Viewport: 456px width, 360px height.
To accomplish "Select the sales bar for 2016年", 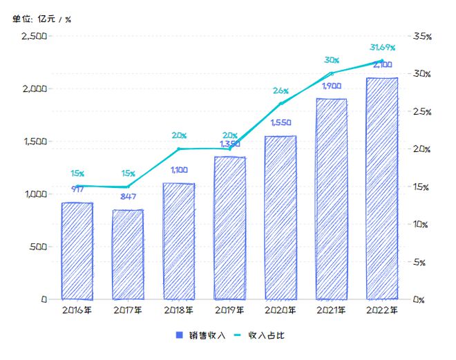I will (77, 250).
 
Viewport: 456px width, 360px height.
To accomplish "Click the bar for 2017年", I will (128, 254).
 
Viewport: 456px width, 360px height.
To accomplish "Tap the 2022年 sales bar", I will (381, 188).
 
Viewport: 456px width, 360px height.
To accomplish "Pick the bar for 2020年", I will (280, 217).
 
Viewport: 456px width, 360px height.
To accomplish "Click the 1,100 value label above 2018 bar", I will (179, 169).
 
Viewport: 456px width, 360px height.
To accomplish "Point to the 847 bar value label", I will (128, 196).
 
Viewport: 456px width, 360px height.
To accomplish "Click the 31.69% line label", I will (382, 48).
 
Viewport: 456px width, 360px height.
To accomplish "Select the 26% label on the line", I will (281, 91).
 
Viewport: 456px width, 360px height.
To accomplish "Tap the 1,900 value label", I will (331, 86).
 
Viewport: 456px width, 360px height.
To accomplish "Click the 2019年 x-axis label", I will (229, 311).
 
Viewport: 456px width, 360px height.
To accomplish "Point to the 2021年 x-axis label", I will (331, 311).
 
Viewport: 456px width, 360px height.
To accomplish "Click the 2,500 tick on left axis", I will (33, 36).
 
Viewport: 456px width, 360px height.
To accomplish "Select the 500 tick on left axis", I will (37, 247).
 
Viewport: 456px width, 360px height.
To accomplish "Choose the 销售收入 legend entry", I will (201, 335).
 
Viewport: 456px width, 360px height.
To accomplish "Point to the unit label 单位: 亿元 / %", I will (41, 19).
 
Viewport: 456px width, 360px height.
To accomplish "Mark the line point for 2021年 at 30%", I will (331, 73).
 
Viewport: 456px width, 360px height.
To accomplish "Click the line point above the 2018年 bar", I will (179, 149).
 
